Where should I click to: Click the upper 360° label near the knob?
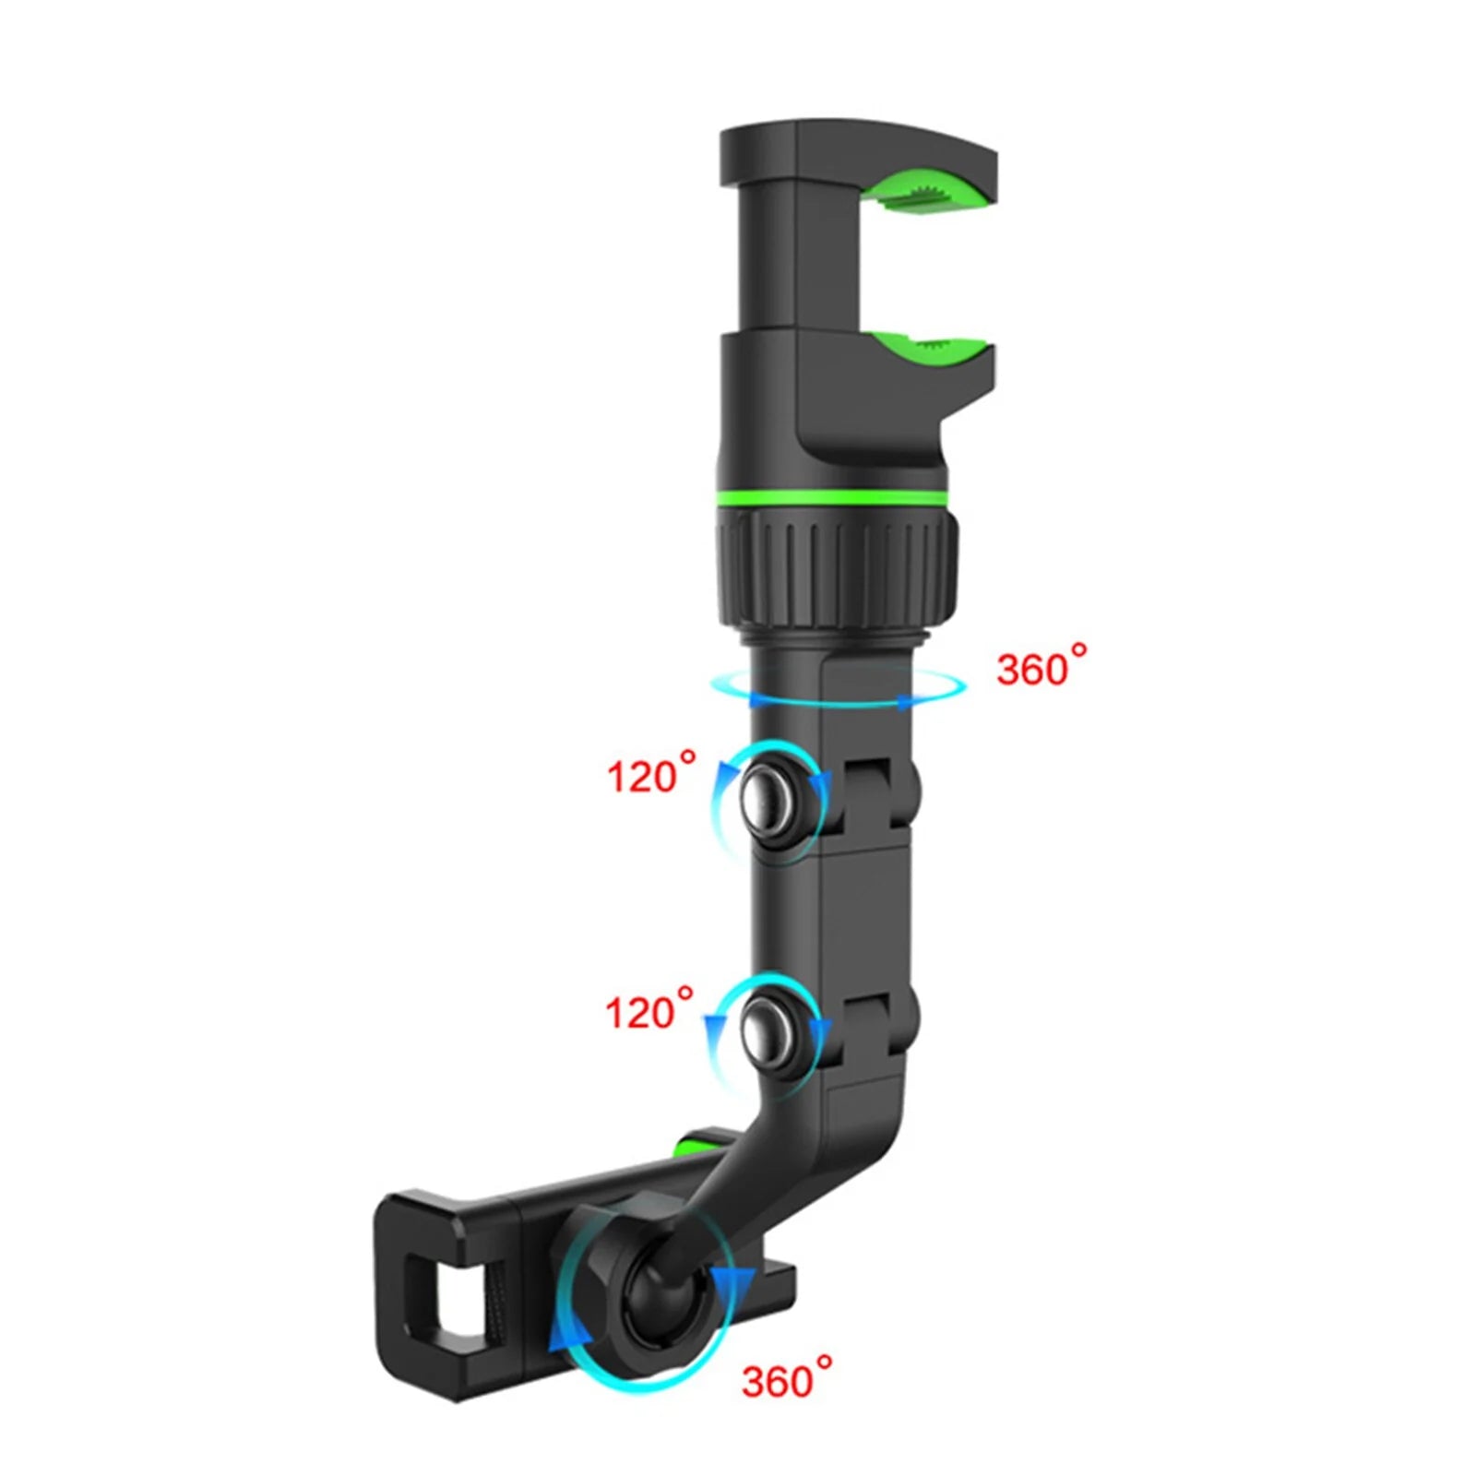pos(1040,665)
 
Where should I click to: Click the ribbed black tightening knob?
pos(835,567)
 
